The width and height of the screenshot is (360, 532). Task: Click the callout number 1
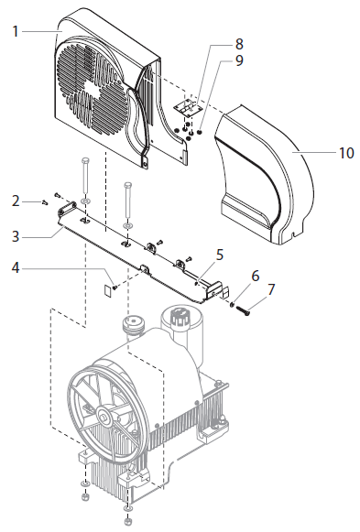(x=16, y=31)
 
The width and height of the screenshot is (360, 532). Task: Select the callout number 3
(x=16, y=235)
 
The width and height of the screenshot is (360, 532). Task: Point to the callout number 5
(x=219, y=253)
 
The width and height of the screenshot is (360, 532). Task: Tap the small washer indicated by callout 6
(x=233, y=303)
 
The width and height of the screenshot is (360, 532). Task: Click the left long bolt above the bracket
(x=84, y=179)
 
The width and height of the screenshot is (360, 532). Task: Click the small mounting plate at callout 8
(x=188, y=108)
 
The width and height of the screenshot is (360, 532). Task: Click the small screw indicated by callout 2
(x=43, y=201)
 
